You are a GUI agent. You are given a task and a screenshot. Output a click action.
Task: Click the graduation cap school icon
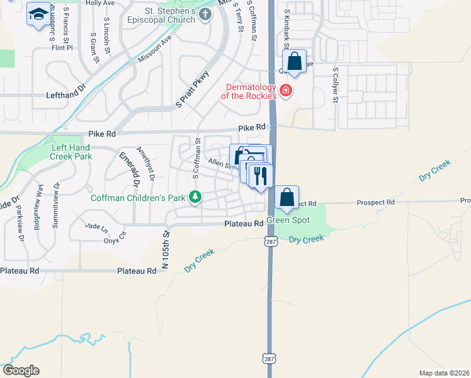coord(39,14)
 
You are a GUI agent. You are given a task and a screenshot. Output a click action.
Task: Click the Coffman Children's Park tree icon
coord(195,197)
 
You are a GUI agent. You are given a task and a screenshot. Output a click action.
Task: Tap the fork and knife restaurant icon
coord(261,175)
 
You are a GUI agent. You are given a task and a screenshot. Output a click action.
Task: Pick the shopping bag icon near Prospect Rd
coord(287,197)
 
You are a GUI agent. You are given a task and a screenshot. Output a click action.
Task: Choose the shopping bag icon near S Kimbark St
coord(294,62)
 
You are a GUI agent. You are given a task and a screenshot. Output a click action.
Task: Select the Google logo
coord(21,370)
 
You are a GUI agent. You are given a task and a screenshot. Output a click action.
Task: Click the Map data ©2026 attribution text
coord(444,373)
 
